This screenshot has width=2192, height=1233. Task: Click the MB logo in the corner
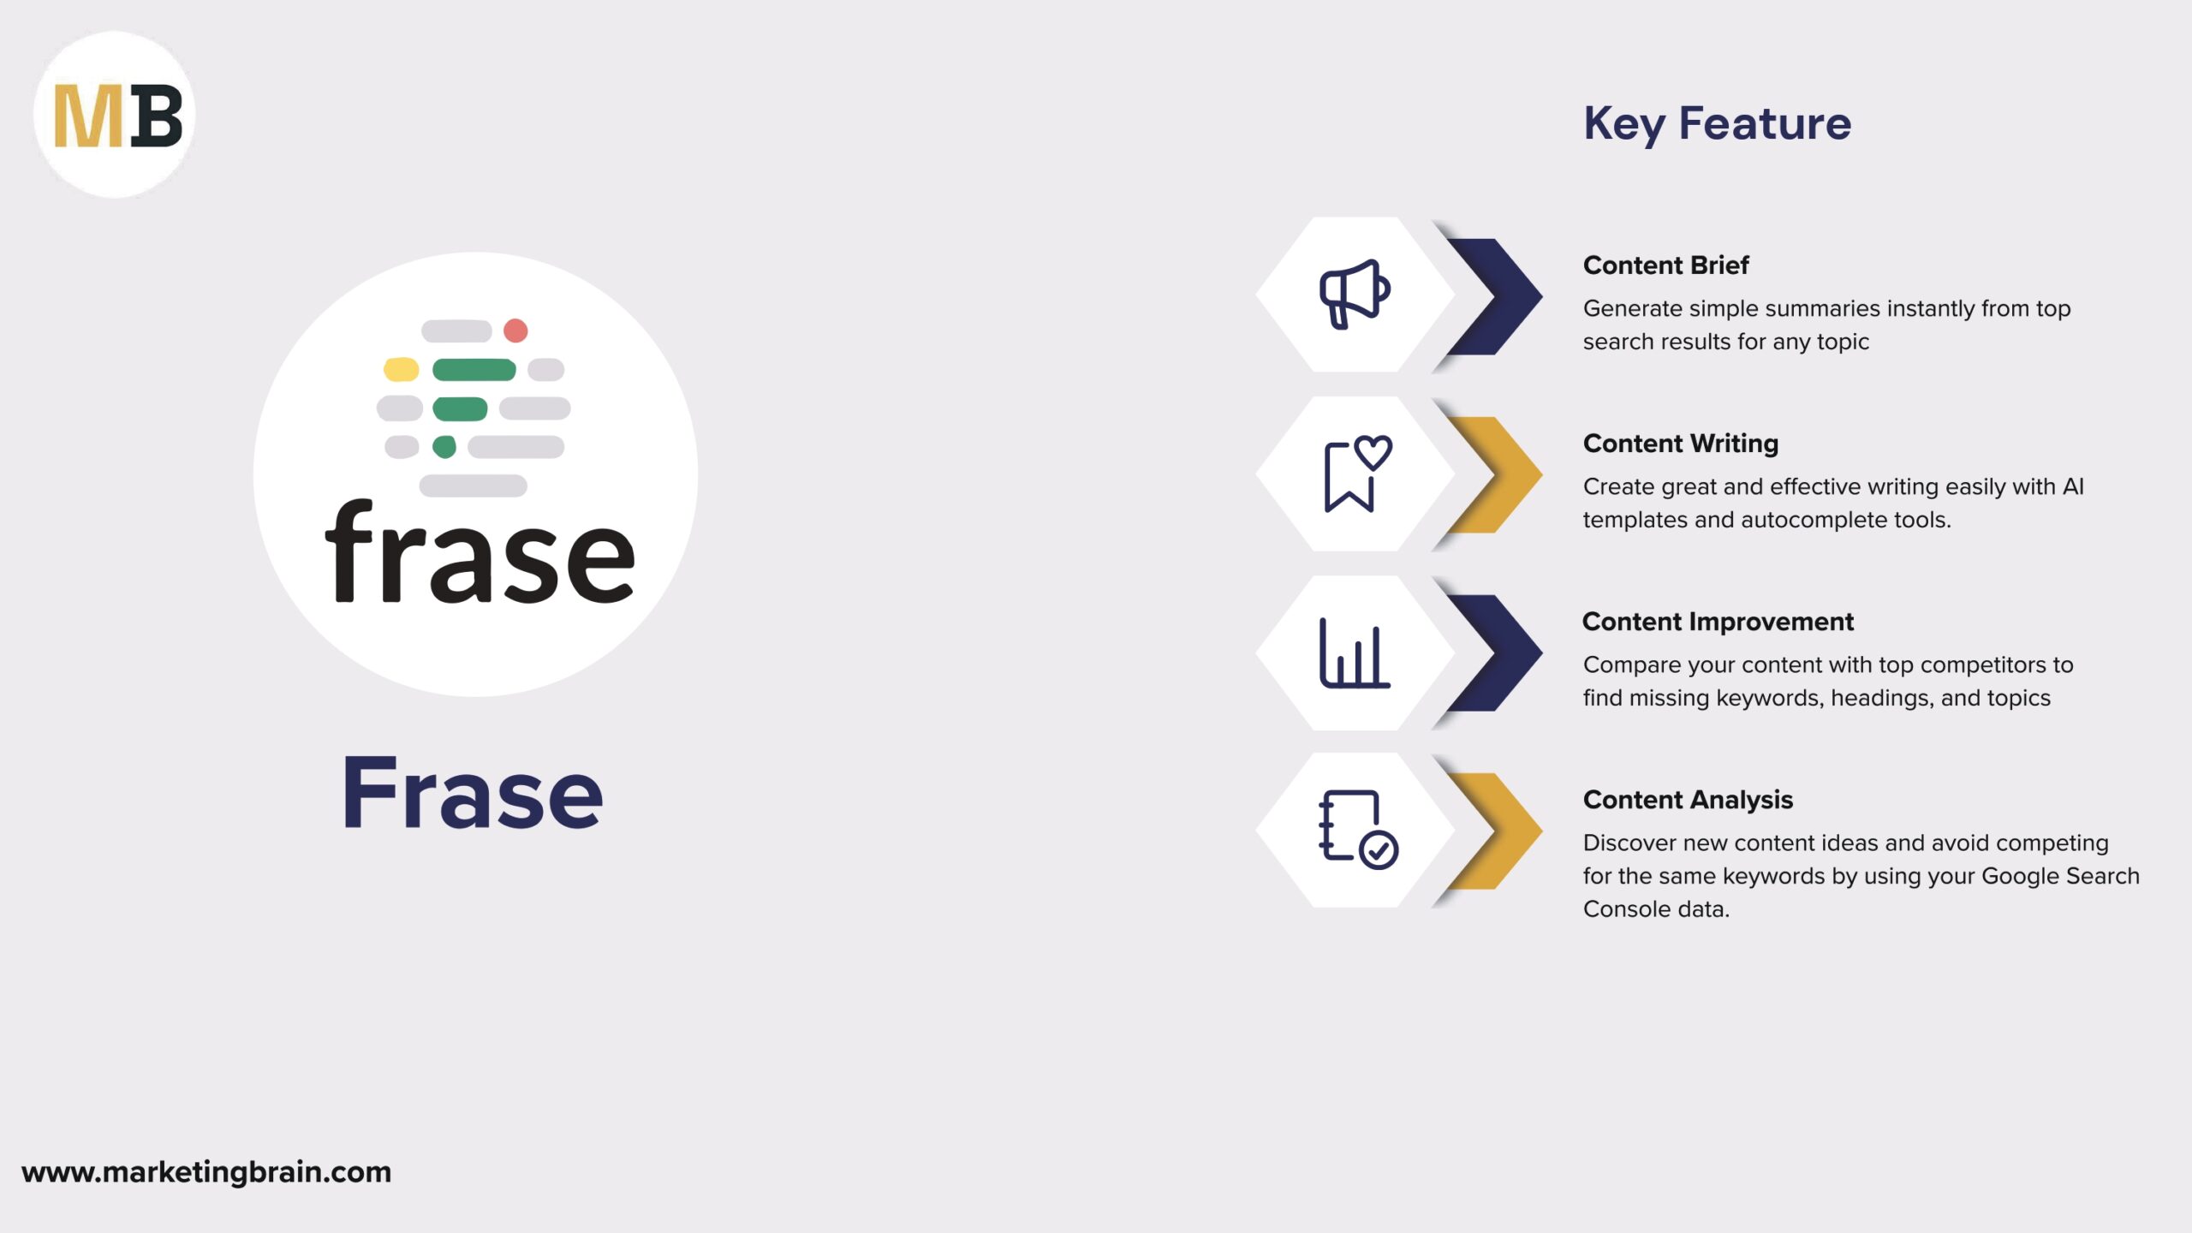click(x=115, y=115)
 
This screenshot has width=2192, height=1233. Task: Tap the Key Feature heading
click(x=1717, y=123)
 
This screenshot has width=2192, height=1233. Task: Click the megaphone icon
click(x=1354, y=294)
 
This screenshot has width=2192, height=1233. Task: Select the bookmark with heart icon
click(x=1356, y=474)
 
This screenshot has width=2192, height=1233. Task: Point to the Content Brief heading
click(x=1665, y=265)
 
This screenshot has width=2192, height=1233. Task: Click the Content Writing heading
click(x=1680, y=444)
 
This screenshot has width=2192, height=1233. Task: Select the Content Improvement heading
click(x=1718, y=622)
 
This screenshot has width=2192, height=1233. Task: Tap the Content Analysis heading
click(x=1688, y=800)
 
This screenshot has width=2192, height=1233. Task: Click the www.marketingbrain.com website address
click(x=206, y=1171)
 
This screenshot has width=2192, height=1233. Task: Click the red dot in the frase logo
click(x=515, y=331)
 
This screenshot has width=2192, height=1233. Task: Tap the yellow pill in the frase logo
click(x=401, y=370)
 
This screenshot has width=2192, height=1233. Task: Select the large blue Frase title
click(x=473, y=794)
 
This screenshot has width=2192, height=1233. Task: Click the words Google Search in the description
click(x=2060, y=876)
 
